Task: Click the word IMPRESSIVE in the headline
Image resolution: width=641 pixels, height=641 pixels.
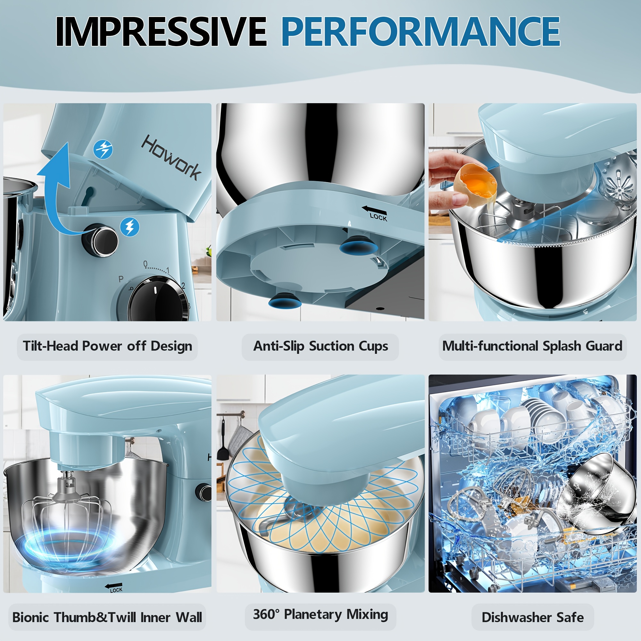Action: tap(161, 31)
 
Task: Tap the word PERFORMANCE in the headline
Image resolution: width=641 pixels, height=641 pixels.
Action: tap(421, 31)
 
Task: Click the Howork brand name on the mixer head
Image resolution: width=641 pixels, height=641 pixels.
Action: tap(171, 157)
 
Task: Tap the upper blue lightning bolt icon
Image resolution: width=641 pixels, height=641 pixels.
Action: tap(103, 149)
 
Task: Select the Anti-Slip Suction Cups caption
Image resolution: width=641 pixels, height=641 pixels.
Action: tap(320, 346)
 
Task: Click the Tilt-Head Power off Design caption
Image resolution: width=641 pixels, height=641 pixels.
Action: tap(107, 346)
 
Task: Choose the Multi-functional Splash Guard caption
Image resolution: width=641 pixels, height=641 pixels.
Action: tap(532, 346)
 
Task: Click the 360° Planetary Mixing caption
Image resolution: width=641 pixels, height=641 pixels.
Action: tap(320, 614)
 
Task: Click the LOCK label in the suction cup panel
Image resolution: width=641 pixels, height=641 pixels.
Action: tap(378, 217)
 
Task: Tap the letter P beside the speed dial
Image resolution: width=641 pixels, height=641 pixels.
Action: tap(121, 279)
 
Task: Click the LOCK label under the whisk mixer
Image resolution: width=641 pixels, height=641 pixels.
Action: tap(116, 590)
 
